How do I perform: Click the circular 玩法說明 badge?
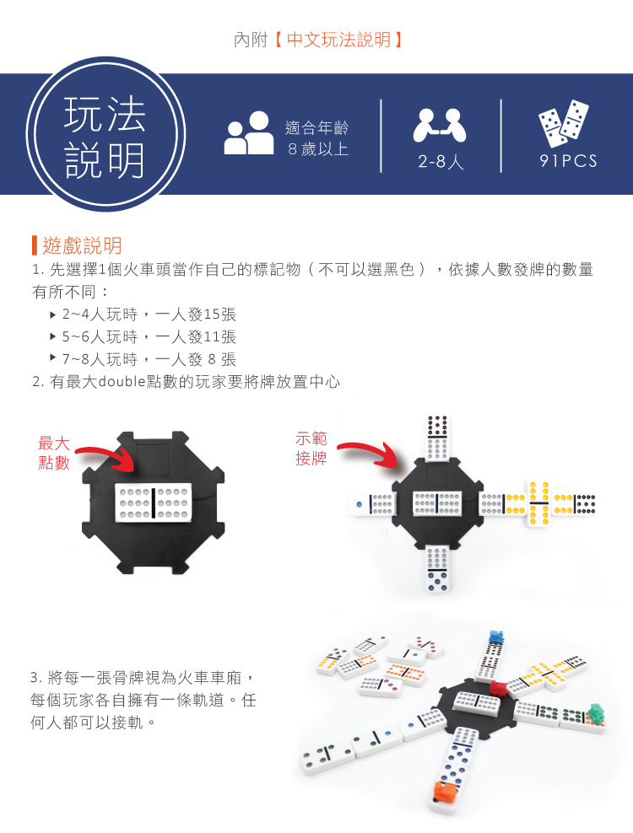pyautogui.click(x=105, y=135)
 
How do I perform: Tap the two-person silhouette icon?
pyautogui.click(x=248, y=133)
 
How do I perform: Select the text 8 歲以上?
pyautogui.click(x=318, y=149)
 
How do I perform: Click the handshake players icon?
pyautogui.click(x=440, y=126)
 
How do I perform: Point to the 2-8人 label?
pyautogui.click(x=441, y=161)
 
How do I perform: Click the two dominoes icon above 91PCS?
pyautogui.click(x=564, y=123)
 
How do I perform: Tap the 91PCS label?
pyautogui.click(x=568, y=161)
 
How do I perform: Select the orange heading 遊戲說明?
pyautogui.click(x=82, y=245)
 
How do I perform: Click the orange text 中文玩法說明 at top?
pyautogui.click(x=338, y=40)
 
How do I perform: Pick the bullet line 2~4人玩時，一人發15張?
pyautogui.click(x=149, y=314)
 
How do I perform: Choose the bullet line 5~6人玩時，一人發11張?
pyautogui.click(x=149, y=336)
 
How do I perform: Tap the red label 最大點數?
pyautogui.click(x=54, y=453)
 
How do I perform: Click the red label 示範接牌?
pyautogui.click(x=311, y=449)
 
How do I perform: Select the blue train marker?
pyautogui.click(x=495, y=637)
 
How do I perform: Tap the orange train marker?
pyautogui.click(x=446, y=791)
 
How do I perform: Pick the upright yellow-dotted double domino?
pyautogui.click(x=538, y=503)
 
